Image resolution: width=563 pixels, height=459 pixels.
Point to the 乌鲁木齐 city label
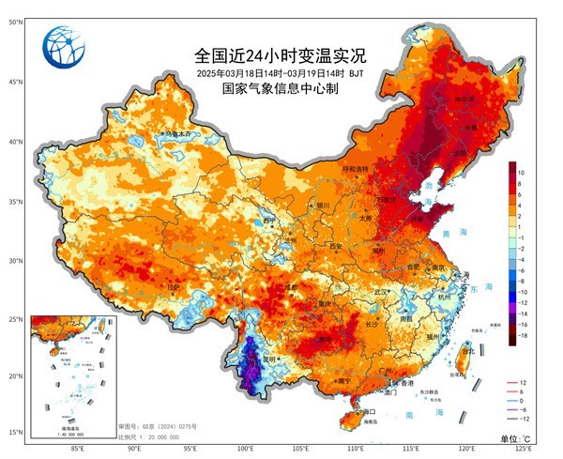pyautogui.click(x=177, y=135)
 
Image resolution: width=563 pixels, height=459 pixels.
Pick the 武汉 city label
pyautogui.click(x=382, y=292)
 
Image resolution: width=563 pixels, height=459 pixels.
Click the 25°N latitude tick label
pyautogui.click(x=16, y=319)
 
